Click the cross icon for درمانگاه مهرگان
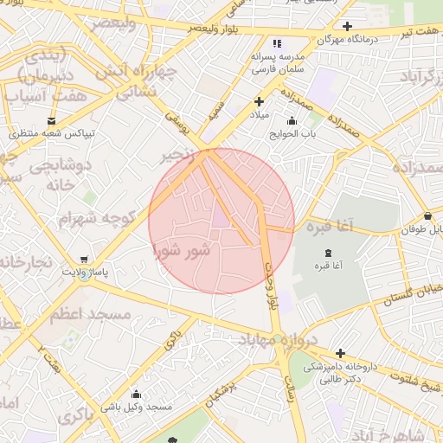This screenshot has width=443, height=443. coord(347,26)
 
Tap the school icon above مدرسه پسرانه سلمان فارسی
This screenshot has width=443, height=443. coord(277,42)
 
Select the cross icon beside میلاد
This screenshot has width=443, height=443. coord(259,101)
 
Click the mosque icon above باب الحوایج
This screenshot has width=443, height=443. coord(291,120)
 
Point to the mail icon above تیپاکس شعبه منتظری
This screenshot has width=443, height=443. coord(51,120)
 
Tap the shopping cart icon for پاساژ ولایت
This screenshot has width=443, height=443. coord(83,259)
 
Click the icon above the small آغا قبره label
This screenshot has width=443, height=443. coord(326,252)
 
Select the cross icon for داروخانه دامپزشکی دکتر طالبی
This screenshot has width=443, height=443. coord(340,354)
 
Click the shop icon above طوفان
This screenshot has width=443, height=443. coord(429,215)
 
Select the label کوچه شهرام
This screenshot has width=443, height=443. coord(99,218)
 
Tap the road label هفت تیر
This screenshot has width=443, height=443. coord(414,32)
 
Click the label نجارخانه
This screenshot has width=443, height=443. coord(26,261)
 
